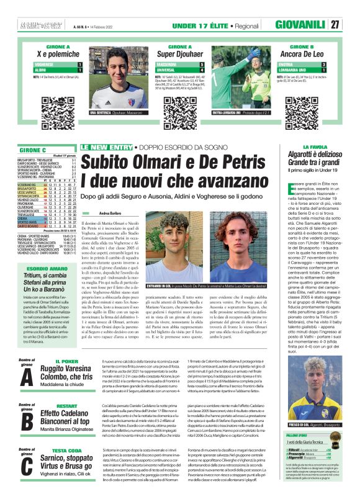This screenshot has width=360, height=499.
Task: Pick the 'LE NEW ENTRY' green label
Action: [102, 147]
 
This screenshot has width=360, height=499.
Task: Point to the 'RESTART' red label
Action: [66, 405]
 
